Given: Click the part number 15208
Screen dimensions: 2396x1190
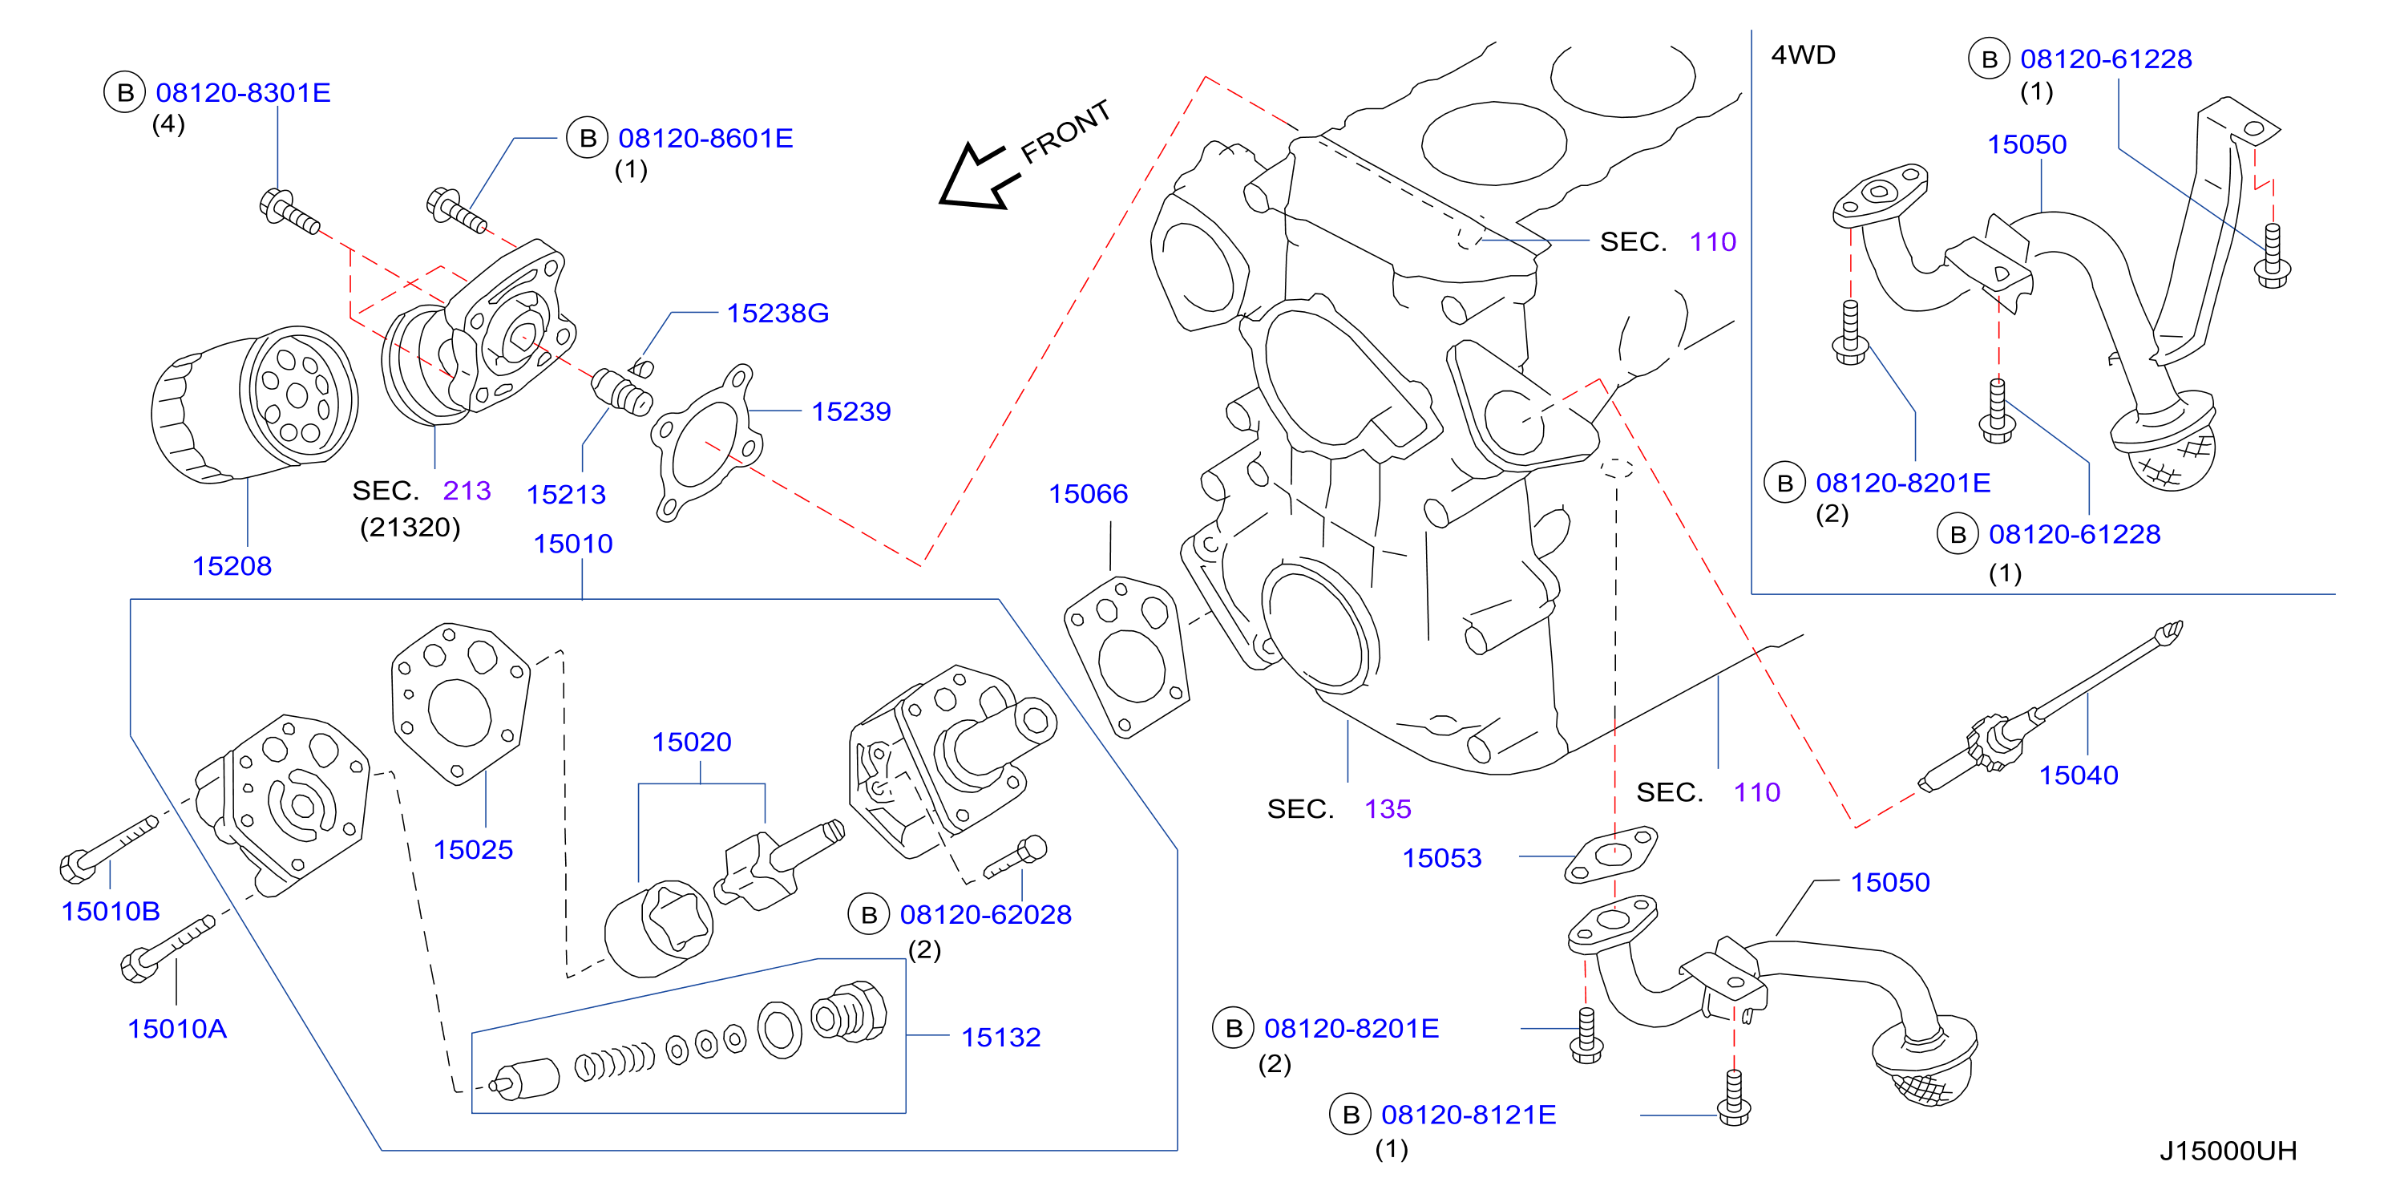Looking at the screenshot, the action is point(232,565).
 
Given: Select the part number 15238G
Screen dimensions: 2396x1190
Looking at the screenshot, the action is point(778,314).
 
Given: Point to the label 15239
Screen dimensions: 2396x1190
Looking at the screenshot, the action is point(851,411).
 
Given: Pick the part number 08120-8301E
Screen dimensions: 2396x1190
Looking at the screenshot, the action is point(243,93).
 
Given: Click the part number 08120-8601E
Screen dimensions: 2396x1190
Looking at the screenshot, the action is point(706,139).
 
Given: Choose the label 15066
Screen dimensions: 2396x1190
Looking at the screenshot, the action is point(1089,494).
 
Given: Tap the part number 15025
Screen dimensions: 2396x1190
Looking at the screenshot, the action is point(474,849).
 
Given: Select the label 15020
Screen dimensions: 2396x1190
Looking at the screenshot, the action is point(692,743).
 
